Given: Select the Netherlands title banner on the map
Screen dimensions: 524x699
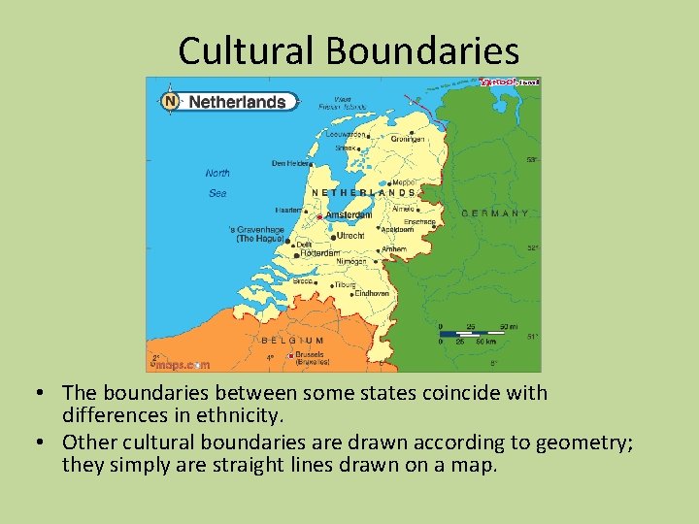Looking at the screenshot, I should click(237, 102).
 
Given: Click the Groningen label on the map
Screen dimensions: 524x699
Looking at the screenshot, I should click(409, 139).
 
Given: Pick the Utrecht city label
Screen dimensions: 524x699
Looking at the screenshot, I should click(349, 236).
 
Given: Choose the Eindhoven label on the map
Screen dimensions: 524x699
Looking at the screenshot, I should click(372, 293).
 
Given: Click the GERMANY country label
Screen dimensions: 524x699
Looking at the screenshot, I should click(495, 213).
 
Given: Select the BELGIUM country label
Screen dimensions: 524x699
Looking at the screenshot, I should click(292, 341).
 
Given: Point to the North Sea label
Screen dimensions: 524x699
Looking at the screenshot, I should click(218, 183).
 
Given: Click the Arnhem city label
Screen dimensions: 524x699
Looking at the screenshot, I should click(393, 249).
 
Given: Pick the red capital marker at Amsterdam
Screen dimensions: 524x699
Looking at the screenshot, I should click(319, 216).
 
